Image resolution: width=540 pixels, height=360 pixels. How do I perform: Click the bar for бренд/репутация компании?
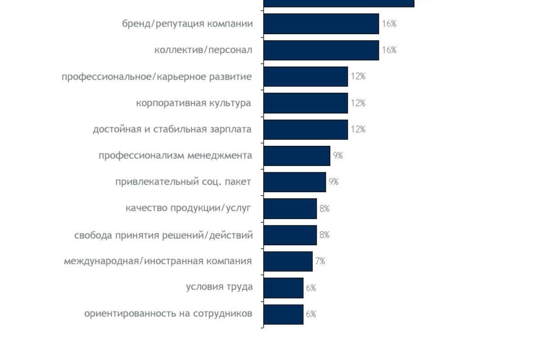321,24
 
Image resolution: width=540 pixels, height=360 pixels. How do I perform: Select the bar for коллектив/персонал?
321,50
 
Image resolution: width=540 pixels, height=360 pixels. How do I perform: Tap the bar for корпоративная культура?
306,103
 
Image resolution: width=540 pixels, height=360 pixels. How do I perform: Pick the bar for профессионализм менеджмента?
297,156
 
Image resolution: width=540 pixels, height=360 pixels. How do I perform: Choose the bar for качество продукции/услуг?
290,209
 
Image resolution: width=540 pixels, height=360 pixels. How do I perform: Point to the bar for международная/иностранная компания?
288,261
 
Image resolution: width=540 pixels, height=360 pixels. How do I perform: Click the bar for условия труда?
283,288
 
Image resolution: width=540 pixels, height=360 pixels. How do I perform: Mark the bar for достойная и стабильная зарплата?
306,130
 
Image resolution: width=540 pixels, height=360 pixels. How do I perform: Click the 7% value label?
320,261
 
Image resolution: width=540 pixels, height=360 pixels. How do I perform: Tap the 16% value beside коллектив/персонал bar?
389,50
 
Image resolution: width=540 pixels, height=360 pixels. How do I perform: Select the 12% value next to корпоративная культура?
358,103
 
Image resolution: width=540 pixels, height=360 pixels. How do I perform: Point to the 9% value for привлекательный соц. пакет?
333,182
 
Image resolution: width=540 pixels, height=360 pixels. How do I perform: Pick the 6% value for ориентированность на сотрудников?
311,314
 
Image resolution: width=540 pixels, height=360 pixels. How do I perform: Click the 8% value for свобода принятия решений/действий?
324,235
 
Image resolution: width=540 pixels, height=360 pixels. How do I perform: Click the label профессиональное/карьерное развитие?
157,77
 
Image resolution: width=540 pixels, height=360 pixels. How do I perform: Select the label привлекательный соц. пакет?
183,182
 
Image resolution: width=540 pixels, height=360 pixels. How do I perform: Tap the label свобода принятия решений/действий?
163,235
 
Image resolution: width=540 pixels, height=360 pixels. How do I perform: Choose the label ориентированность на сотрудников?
168,314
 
